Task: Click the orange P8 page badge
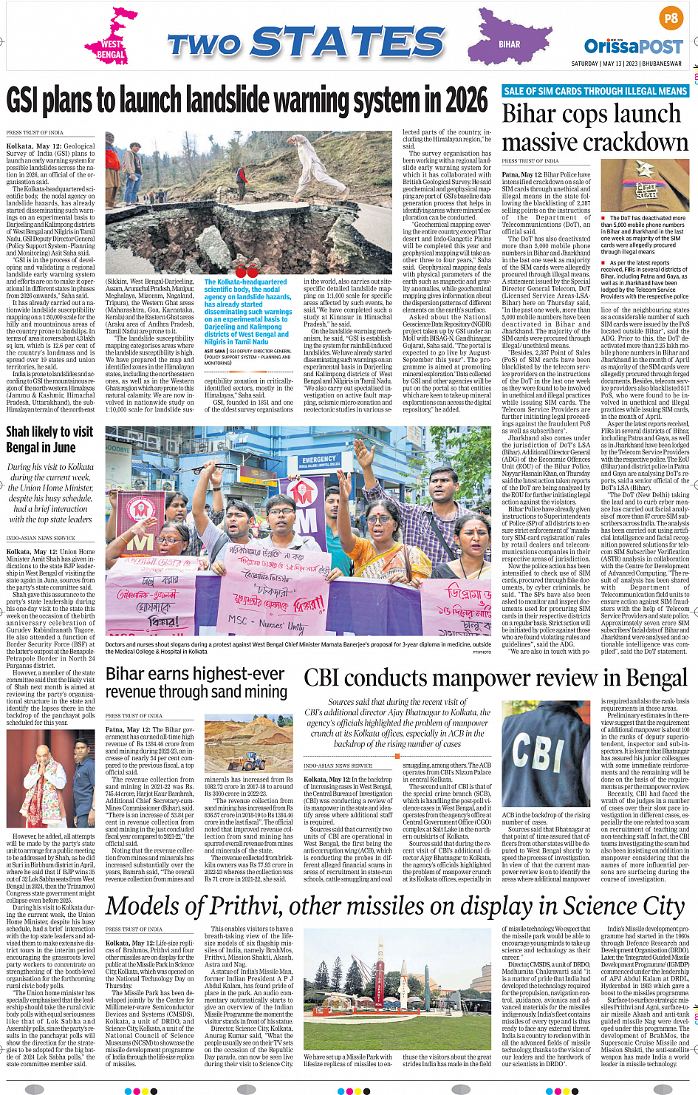pos(671,18)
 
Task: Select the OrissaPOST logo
pos(633,47)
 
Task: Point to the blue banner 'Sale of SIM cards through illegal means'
pos(595,91)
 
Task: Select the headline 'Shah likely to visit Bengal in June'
pos(50,440)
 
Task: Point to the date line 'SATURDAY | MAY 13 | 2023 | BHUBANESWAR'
pos(626,64)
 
